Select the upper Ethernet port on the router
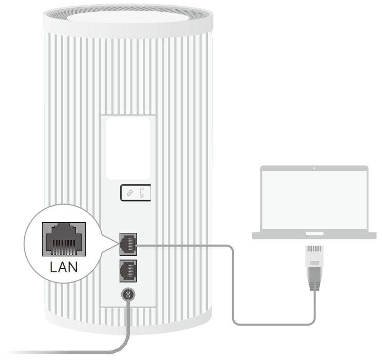coord(128,243)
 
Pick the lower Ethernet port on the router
coord(128,270)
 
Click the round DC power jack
coord(128,295)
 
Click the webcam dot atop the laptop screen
coord(314,168)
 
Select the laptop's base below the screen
coord(314,235)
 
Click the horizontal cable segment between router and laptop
coord(185,245)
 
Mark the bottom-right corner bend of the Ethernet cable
coord(312,322)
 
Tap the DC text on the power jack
coord(128,295)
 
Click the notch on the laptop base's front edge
coord(314,233)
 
